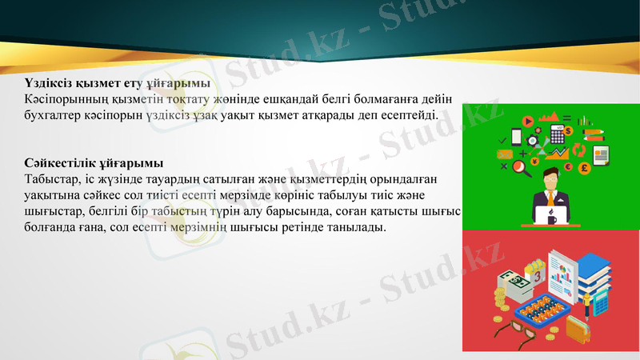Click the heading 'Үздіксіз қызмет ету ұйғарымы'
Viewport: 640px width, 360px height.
point(117,83)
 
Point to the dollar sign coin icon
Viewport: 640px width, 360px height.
point(568,130)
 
